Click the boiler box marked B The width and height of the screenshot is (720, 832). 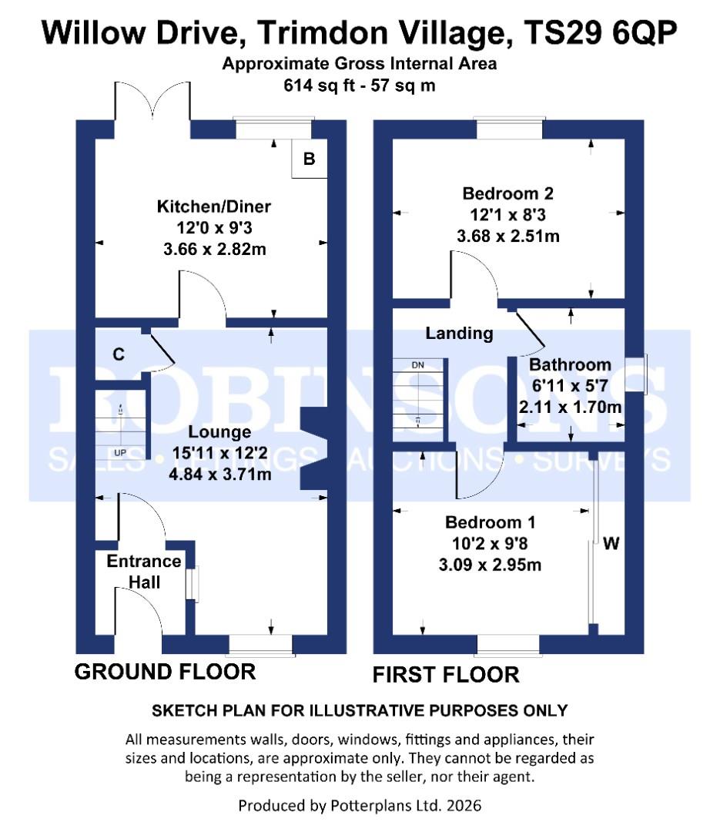click(x=310, y=159)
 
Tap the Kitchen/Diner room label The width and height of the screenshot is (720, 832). click(x=214, y=206)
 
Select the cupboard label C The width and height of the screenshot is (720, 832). click(x=119, y=354)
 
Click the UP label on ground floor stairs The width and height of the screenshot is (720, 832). click(x=119, y=452)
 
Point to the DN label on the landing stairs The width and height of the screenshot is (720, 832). click(x=417, y=364)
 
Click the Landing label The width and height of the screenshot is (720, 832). click(x=459, y=333)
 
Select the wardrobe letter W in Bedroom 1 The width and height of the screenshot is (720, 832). click(x=611, y=544)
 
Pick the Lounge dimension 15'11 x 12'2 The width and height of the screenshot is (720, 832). click(x=219, y=453)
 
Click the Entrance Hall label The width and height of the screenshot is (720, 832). click(x=144, y=571)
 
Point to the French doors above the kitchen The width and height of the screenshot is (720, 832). click(x=152, y=104)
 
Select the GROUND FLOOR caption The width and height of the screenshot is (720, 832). click(x=165, y=672)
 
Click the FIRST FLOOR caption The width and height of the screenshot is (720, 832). click(x=446, y=675)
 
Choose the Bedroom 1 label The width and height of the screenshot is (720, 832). click(x=493, y=522)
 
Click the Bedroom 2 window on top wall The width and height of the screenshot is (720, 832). click(x=509, y=128)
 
